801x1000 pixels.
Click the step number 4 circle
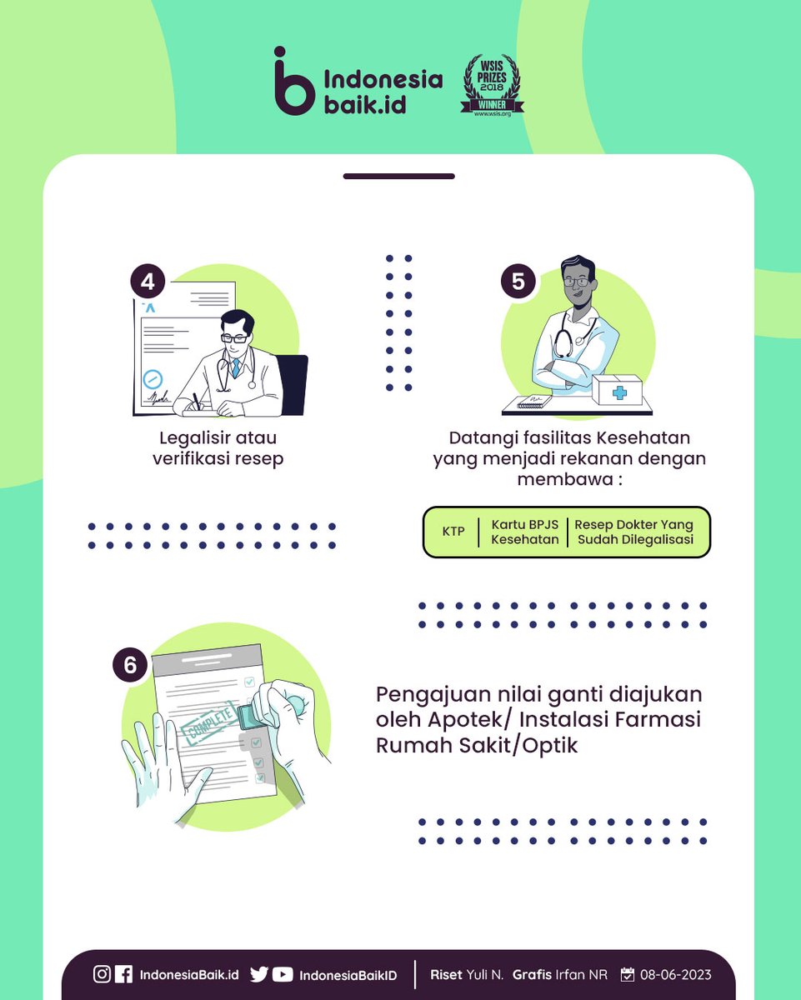click(148, 282)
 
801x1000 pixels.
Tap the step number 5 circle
click(518, 282)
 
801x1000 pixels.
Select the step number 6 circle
click(130, 665)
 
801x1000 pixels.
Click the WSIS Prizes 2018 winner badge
click(492, 86)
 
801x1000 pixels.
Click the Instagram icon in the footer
click(102, 974)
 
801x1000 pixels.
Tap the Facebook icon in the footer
click(123, 974)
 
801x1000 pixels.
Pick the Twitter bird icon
click(258, 974)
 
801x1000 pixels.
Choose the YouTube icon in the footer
click(283, 974)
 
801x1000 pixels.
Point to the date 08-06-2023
click(675, 974)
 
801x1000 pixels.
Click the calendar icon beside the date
click(628, 974)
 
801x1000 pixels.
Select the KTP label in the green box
click(453, 532)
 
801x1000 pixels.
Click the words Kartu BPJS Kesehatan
click(525, 532)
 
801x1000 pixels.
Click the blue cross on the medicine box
click(619, 392)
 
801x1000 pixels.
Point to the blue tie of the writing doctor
click(236, 367)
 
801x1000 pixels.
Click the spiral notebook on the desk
click(534, 401)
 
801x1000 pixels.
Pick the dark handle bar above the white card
click(399, 176)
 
